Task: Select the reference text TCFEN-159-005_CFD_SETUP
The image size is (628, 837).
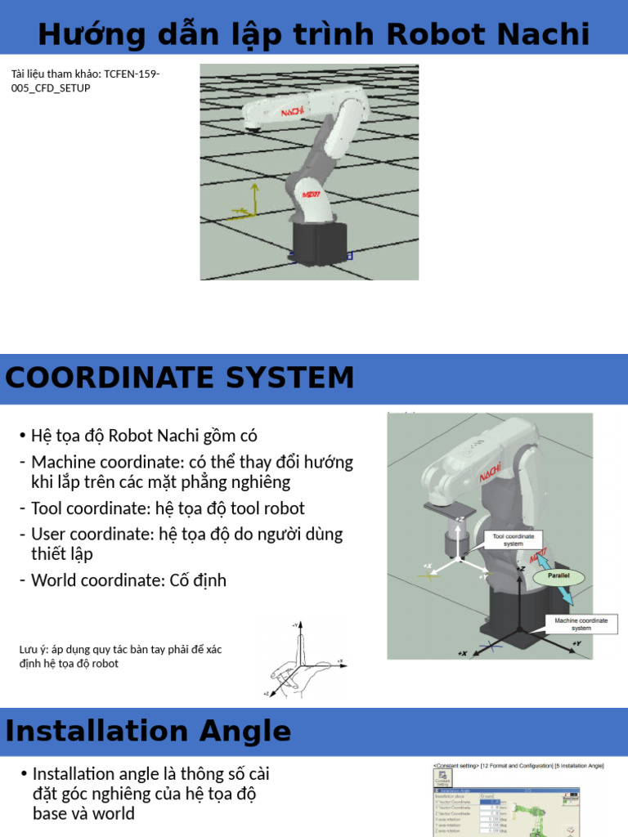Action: pyautogui.click(x=85, y=81)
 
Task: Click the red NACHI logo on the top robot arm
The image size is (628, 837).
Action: pyautogui.click(x=293, y=110)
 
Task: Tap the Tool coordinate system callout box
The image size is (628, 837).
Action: pyautogui.click(x=513, y=539)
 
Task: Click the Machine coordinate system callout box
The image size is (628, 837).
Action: pyautogui.click(x=581, y=624)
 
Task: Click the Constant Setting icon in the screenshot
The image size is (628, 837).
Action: pyautogui.click(x=442, y=781)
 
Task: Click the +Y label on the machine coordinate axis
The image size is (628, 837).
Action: pyautogui.click(x=576, y=644)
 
